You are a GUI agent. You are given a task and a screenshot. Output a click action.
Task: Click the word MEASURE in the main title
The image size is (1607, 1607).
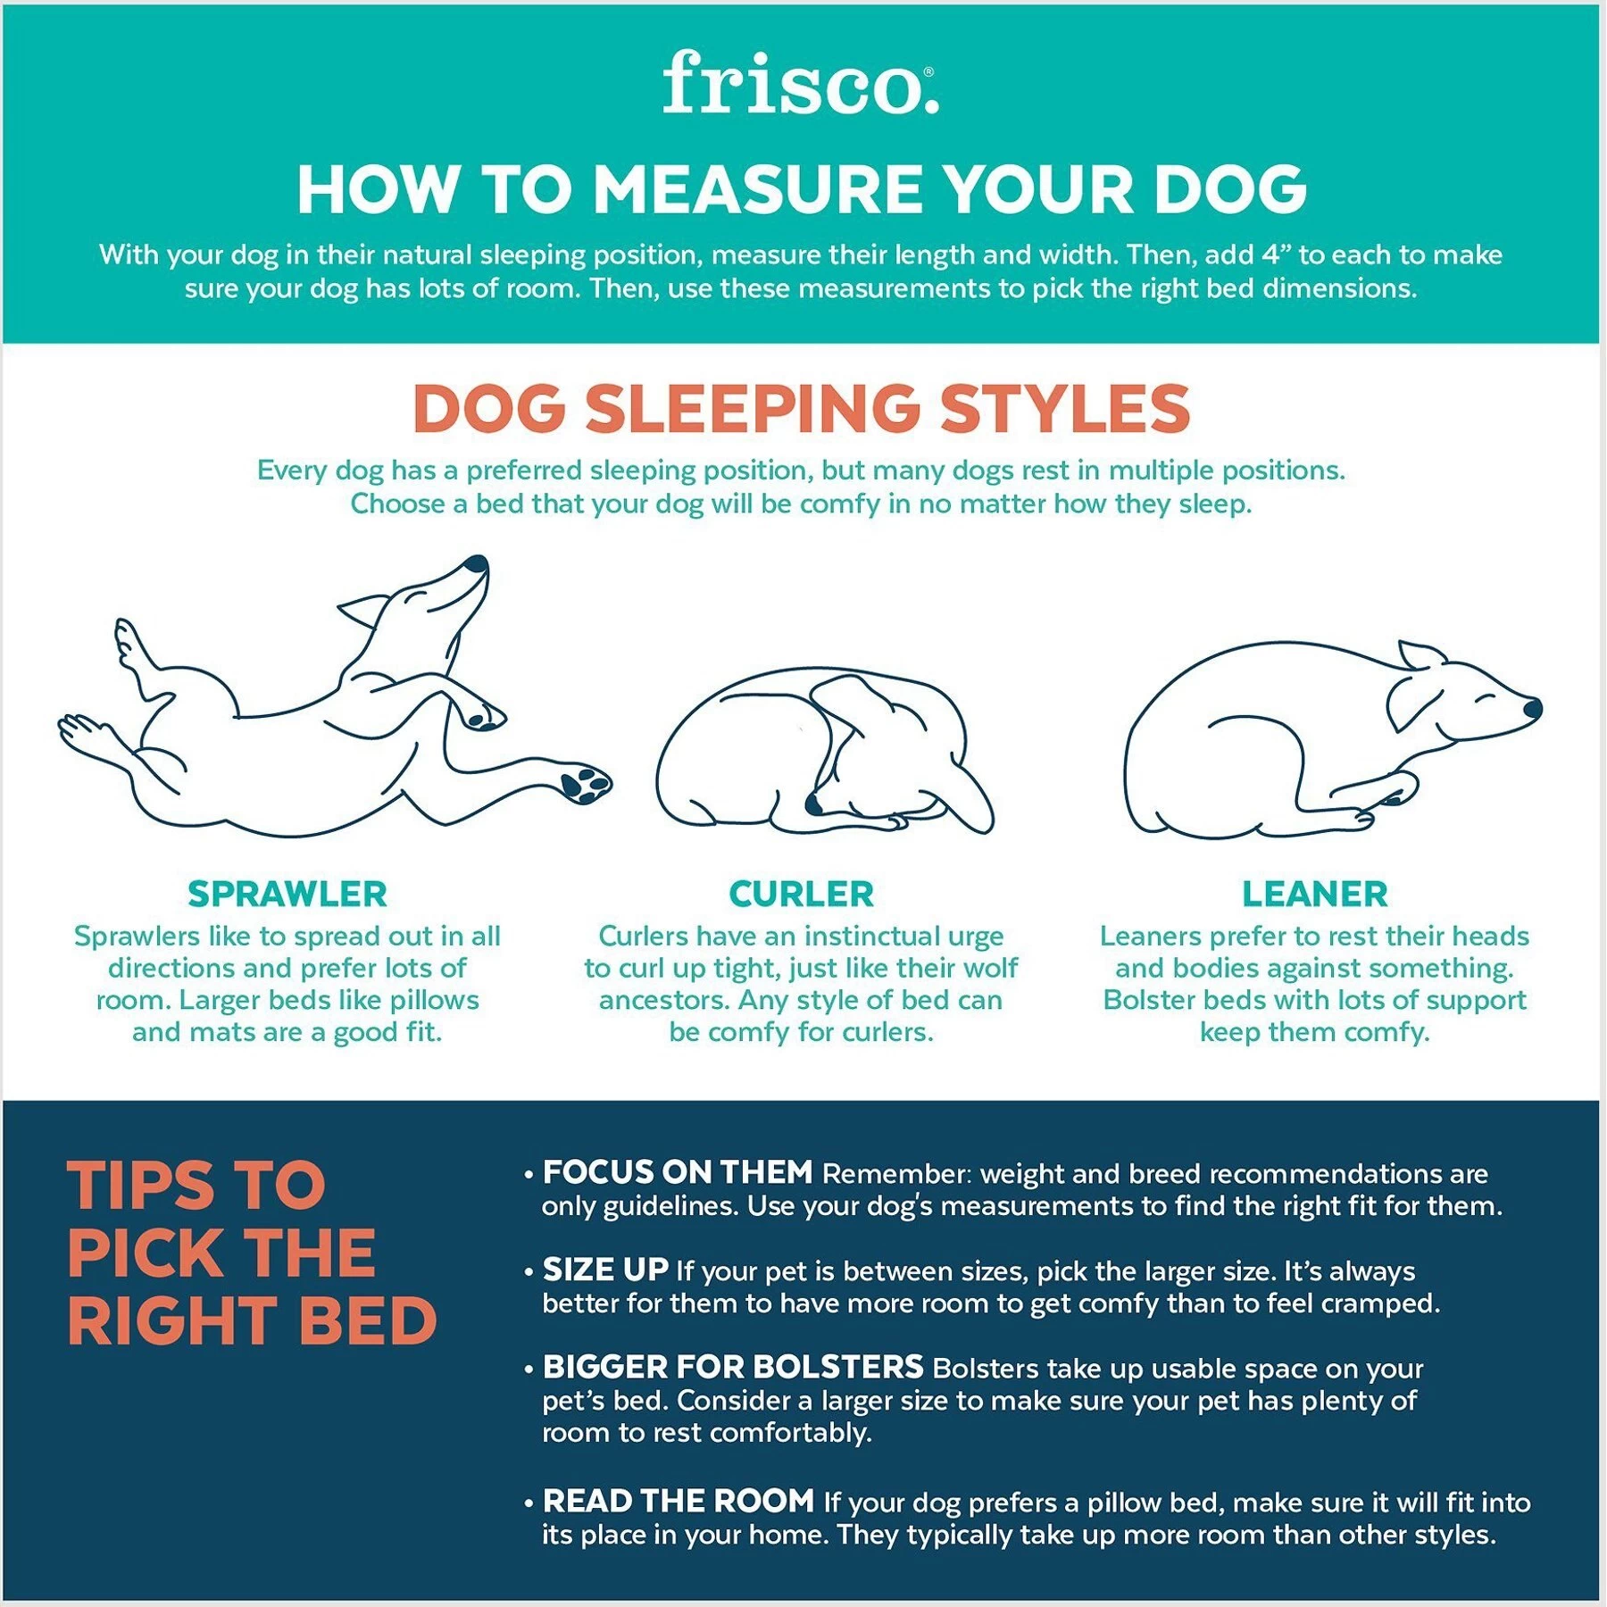(x=757, y=190)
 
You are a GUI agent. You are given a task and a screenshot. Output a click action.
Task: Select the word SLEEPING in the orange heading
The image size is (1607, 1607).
(x=753, y=409)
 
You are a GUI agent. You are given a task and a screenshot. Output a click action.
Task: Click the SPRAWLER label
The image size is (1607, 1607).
(x=287, y=894)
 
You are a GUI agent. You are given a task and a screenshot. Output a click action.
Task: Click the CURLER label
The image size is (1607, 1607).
(x=801, y=894)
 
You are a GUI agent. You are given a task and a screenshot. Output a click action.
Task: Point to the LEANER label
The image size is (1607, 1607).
(x=1314, y=894)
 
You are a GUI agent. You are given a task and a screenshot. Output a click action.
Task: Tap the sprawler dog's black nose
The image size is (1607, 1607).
(x=478, y=564)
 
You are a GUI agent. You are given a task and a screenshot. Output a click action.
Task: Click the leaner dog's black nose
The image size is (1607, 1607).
(x=1533, y=710)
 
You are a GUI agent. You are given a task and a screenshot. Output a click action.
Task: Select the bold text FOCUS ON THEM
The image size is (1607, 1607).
(x=677, y=1173)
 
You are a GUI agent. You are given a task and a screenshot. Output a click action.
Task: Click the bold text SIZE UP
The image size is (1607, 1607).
(x=605, y=1270)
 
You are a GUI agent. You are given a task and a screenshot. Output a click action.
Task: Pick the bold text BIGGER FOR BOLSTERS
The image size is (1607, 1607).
(x=732, y=1367)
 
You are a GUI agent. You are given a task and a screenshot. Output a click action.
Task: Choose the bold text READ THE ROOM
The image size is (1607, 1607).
(x=678, y=1501)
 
